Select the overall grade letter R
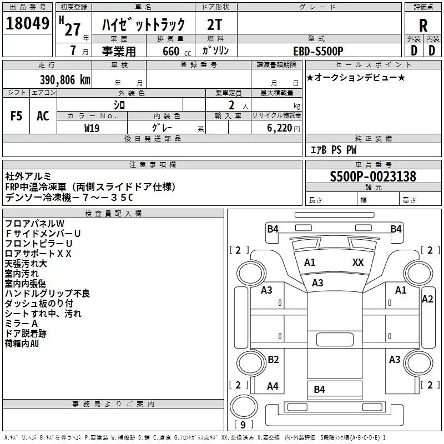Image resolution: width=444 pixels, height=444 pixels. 423,26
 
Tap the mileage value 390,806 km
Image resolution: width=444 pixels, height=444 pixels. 65,80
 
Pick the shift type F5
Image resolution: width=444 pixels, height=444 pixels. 17,116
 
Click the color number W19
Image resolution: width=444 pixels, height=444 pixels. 92,127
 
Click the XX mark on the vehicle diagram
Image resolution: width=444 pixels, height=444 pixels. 358,263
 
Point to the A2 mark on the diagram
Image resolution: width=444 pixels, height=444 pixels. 427,299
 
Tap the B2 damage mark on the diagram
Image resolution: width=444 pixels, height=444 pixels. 273,360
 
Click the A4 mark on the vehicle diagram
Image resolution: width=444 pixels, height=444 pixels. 273,386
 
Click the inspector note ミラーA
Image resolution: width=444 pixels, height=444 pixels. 22,324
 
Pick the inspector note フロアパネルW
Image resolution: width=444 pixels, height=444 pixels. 35,224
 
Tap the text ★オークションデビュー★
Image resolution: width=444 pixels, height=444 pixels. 356,78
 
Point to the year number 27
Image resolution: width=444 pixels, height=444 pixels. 72,29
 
